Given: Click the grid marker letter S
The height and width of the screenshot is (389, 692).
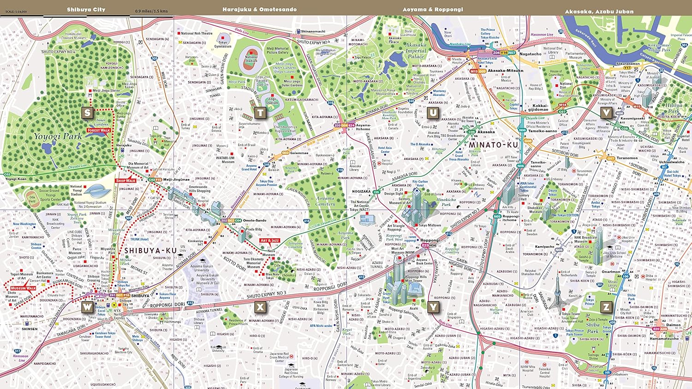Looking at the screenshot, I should click(87, 112).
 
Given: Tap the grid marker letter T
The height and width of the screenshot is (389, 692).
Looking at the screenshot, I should click(260, 112).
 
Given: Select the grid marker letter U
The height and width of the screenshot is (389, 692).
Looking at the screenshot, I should click(433, 112).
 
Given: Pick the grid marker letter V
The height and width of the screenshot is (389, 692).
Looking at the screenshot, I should click(606, 112).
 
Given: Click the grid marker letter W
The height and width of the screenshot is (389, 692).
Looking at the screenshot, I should click(87, 307).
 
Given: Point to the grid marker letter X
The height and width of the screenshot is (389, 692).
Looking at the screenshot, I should click(260, 307).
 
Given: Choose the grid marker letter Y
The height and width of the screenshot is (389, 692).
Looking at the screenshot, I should click(433, 307).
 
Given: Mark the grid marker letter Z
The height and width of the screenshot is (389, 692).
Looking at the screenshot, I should click(606, 307).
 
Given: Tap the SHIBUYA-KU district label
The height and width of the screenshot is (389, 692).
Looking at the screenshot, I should click(150, 251).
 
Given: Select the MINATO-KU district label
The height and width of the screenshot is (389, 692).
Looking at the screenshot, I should click(493, 145).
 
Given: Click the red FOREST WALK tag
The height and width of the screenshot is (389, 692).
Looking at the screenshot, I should click(99, 130).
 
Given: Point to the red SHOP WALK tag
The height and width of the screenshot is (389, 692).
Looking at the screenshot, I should click(126, 181).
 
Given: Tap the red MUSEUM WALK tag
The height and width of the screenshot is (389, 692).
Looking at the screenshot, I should click(23, 288).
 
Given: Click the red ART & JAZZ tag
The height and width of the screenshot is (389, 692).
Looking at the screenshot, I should click(270, 241).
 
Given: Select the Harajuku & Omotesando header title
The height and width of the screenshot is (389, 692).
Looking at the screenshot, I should click(259, 9).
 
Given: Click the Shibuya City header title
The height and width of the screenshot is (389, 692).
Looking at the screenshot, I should click(86, 9).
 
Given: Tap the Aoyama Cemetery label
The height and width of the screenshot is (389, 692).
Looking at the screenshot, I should click(325, 201).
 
